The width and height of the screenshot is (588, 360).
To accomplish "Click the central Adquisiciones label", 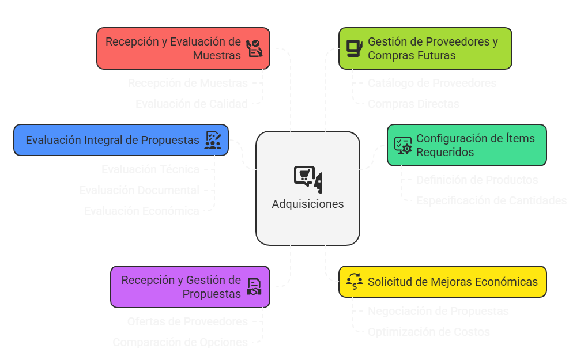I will coord(308,204).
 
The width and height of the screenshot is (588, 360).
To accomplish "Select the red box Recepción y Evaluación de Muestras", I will coord(183,48).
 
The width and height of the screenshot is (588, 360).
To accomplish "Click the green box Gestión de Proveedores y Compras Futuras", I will coord(425,48).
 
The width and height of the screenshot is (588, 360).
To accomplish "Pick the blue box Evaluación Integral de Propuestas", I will coord(121,140).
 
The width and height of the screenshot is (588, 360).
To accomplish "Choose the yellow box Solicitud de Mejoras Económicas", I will coord(442,282).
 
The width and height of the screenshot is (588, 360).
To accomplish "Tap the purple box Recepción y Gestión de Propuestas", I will coord(190,287).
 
